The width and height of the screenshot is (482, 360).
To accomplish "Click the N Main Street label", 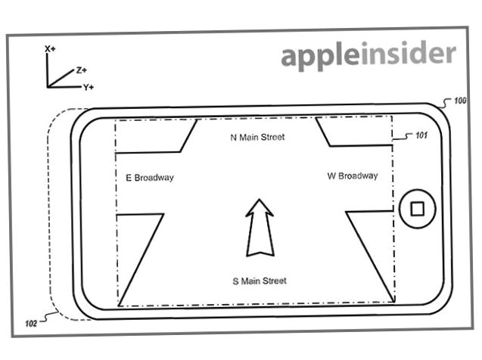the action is (x=257, y=137).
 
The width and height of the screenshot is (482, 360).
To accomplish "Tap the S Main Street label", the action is (x=260, y=281).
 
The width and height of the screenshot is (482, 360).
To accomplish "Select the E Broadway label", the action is (x=150, y=178).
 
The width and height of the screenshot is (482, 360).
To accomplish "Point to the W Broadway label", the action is (x=353, y=176).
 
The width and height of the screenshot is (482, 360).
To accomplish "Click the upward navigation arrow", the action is (x=260, y=228).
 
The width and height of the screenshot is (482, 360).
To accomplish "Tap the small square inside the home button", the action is (x=417, y=209).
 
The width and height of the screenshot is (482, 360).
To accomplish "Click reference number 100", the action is (x=460, y=101).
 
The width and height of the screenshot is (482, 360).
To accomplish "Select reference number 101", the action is (x=421, y=135).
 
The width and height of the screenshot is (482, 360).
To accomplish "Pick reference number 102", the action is (x=31, y=323).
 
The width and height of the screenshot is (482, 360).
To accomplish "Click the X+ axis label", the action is (x=50, y=49).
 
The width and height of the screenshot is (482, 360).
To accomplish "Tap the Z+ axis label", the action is (x=82, y=70).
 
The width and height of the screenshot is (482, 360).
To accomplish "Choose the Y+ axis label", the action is (x=89, y=87).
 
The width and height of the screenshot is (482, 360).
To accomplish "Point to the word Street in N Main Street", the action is (x=272, y=137).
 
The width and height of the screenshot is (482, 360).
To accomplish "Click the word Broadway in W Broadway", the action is (x=358, y=176).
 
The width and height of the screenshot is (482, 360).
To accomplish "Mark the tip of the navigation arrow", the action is (x=260, y=200).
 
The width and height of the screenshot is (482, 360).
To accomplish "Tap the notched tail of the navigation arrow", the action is (x=260, y=253).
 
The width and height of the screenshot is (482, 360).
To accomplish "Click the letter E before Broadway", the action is (x=129, y=178).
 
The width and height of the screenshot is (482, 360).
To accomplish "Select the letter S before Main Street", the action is (x=235, y=281).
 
